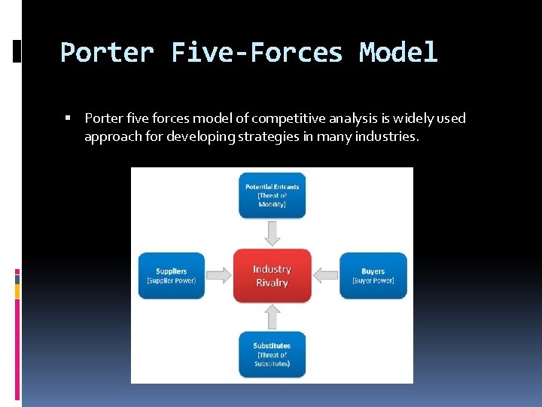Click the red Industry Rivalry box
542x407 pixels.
(x=272, y=276)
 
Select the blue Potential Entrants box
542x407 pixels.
(x=272, y=195)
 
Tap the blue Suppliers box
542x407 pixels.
(x=171, y=276)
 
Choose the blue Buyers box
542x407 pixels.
(x=373, y=276)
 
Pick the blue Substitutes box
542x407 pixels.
(x=272, y=354)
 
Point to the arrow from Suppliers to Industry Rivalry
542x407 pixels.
(x=218, y=276)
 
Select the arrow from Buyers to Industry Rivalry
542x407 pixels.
(x=325, y=276)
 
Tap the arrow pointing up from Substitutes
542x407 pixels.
(x=272, y=317)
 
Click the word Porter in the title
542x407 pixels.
(x=106, y=53)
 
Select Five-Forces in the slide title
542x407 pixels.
(x=257, y=53)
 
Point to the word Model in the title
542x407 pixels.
(x=398, y=53)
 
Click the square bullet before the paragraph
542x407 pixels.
(x=68, y=118)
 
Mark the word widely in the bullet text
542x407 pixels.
(x=407, y=118)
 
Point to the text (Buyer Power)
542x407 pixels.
(x=373, y=281)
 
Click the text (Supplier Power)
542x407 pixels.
(x=171, y=281)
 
